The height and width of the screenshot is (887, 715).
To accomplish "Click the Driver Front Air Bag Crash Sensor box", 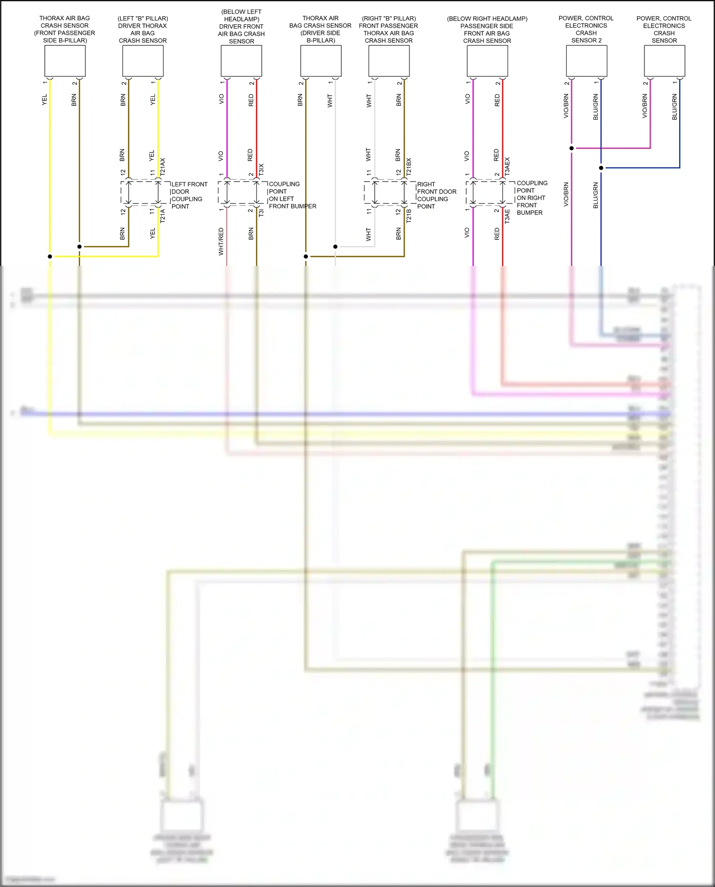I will click(x=241, y=61).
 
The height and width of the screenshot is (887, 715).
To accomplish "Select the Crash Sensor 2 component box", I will click(x=586, y=61).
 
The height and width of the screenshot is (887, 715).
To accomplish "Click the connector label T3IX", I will click(x=261, y=169).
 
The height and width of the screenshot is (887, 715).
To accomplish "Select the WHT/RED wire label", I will click(x=221, y=241).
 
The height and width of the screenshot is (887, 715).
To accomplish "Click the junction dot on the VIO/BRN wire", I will click(x=572, y=148).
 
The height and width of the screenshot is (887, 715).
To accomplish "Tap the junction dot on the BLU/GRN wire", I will click(x=601, y=168).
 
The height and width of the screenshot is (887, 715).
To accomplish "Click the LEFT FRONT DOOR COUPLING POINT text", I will click(x=189, y=195).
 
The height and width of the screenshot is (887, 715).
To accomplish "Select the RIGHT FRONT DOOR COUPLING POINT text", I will click(x=436, y=195).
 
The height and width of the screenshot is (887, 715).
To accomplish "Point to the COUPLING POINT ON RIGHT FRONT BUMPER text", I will click(x=532, y=198).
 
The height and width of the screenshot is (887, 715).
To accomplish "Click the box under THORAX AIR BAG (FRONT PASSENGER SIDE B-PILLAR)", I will click(x=65, y=61).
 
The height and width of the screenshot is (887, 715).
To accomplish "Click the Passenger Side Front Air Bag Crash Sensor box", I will click(x=487, y=61).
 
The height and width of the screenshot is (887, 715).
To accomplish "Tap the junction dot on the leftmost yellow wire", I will click(x=50, y=256).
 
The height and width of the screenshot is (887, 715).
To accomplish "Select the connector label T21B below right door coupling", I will click(x=409, y=216).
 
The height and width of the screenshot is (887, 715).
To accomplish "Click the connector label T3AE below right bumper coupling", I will click(x=507, y=216).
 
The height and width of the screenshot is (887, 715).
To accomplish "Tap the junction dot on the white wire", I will click(x=336, y=246).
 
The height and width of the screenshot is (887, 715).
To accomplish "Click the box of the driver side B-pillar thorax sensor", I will click(x=321, y=61).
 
